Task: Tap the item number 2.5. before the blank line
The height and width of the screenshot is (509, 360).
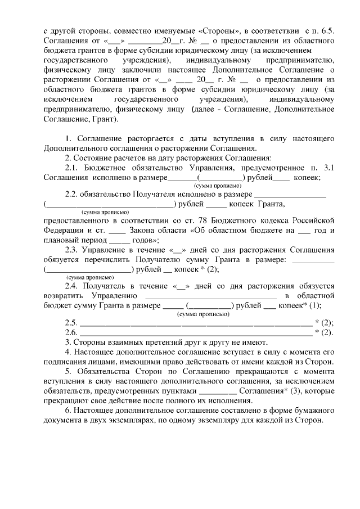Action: coord(71,323)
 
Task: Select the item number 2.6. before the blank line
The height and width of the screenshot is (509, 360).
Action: coord(71,333)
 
